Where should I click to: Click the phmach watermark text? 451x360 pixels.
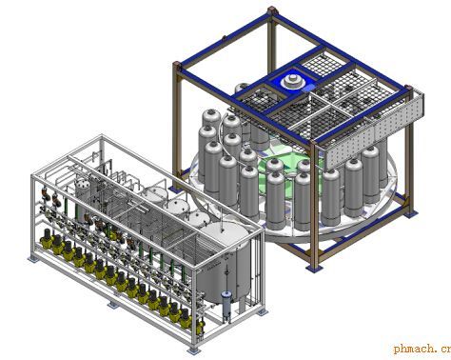coord(422,349)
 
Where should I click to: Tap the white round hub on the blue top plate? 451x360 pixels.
coord(293,82)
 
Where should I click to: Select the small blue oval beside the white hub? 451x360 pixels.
coord(307,89)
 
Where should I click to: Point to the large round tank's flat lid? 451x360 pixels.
coord(225,234)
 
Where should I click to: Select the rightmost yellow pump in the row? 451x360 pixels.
coord(199,327)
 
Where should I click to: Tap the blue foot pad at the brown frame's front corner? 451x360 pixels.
coord(315,268)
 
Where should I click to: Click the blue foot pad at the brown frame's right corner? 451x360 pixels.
coord(411,214)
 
